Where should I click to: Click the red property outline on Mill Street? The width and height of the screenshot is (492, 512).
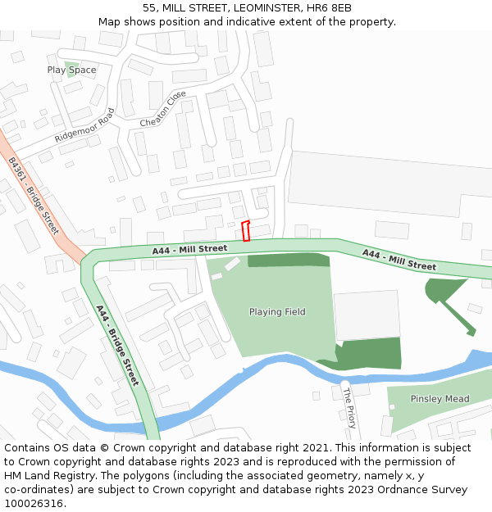(246, 231)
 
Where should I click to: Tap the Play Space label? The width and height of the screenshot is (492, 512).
(71, 70)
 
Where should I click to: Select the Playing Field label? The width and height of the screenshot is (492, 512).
(277, 312)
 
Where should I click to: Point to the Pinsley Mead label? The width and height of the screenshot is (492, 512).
(440, 399)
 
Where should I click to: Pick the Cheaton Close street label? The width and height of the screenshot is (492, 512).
(163, 109)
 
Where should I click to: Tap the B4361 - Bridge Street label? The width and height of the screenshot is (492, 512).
(34, 196)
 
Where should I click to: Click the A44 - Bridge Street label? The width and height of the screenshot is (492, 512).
(117, 345)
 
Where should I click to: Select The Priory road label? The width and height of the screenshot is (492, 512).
(350, 407)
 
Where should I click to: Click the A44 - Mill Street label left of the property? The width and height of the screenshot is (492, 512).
(189, 248)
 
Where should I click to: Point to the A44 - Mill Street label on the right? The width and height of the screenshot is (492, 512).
(399, 260)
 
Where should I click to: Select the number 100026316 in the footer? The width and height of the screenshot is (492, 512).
(34, 504)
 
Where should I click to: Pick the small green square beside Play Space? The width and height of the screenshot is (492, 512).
(71, 64)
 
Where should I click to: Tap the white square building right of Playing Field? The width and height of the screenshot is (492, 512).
(366, 315)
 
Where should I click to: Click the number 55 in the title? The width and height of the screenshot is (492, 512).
(148, 7)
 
